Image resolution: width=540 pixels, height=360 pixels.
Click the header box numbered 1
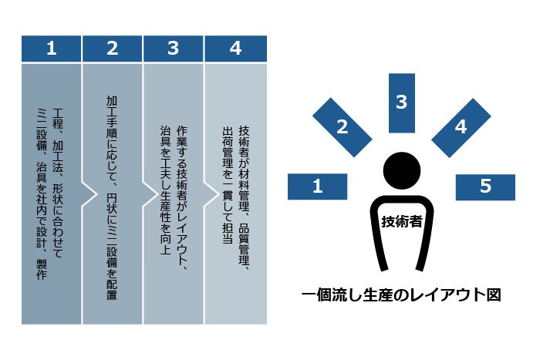pos(51,49)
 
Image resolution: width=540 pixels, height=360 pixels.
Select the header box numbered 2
pos(113,49)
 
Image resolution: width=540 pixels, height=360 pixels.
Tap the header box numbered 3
pos(174,49)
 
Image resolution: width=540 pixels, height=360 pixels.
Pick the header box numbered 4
pos(235,49)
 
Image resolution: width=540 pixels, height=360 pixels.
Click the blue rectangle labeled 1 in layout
pos(317,186)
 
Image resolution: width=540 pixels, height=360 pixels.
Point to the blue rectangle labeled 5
pos(485,186)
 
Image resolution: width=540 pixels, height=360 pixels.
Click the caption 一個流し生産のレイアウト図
pos(401,294)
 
